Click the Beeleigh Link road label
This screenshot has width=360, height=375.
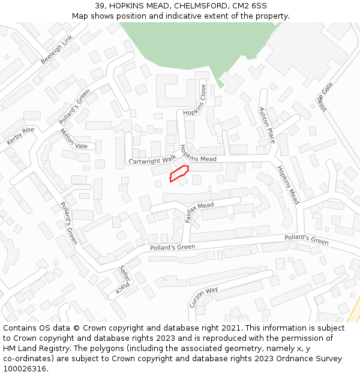(57, 49)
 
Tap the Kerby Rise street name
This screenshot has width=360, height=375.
(20, 136)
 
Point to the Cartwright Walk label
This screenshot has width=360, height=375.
(152, 160)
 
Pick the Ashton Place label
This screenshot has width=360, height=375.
(266, 125)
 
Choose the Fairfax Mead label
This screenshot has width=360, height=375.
(199, 212)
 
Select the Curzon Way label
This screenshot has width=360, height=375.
(203, 297)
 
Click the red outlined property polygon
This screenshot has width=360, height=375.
(179, 174)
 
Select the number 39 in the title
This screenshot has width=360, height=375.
(100, 6)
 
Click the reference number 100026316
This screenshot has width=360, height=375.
(25, 368)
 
